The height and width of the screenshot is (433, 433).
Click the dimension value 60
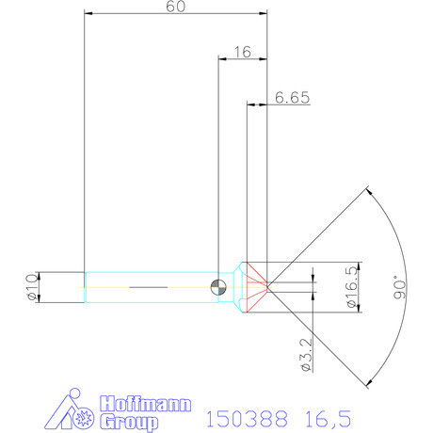174,7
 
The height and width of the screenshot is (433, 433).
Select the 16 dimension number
241,53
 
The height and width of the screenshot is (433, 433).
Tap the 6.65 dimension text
292,97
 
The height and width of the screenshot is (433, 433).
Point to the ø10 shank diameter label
30,286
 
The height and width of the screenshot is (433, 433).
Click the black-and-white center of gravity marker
218,287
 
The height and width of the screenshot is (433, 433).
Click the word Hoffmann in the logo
137,400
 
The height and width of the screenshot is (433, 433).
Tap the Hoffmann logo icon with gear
71,410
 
